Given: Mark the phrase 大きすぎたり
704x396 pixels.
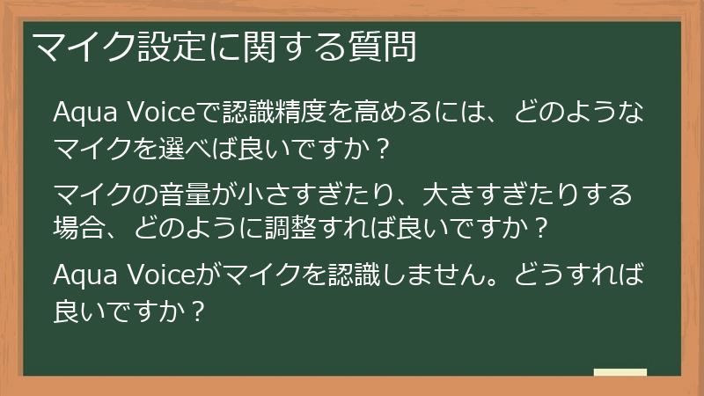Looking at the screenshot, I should pos(482,194).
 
